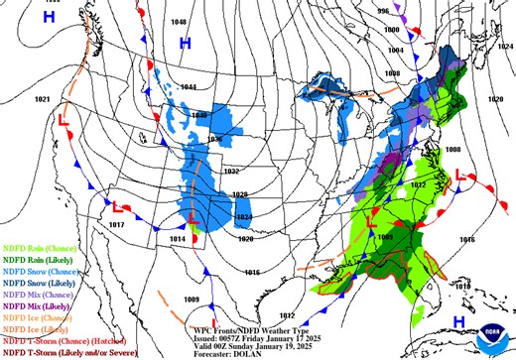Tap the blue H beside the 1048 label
pos(185,43)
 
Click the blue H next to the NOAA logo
pos(459,321)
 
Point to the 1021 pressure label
pos(42,99)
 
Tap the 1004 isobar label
pos(395,50)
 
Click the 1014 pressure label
pos(179,240)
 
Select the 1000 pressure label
pos(392,30)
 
